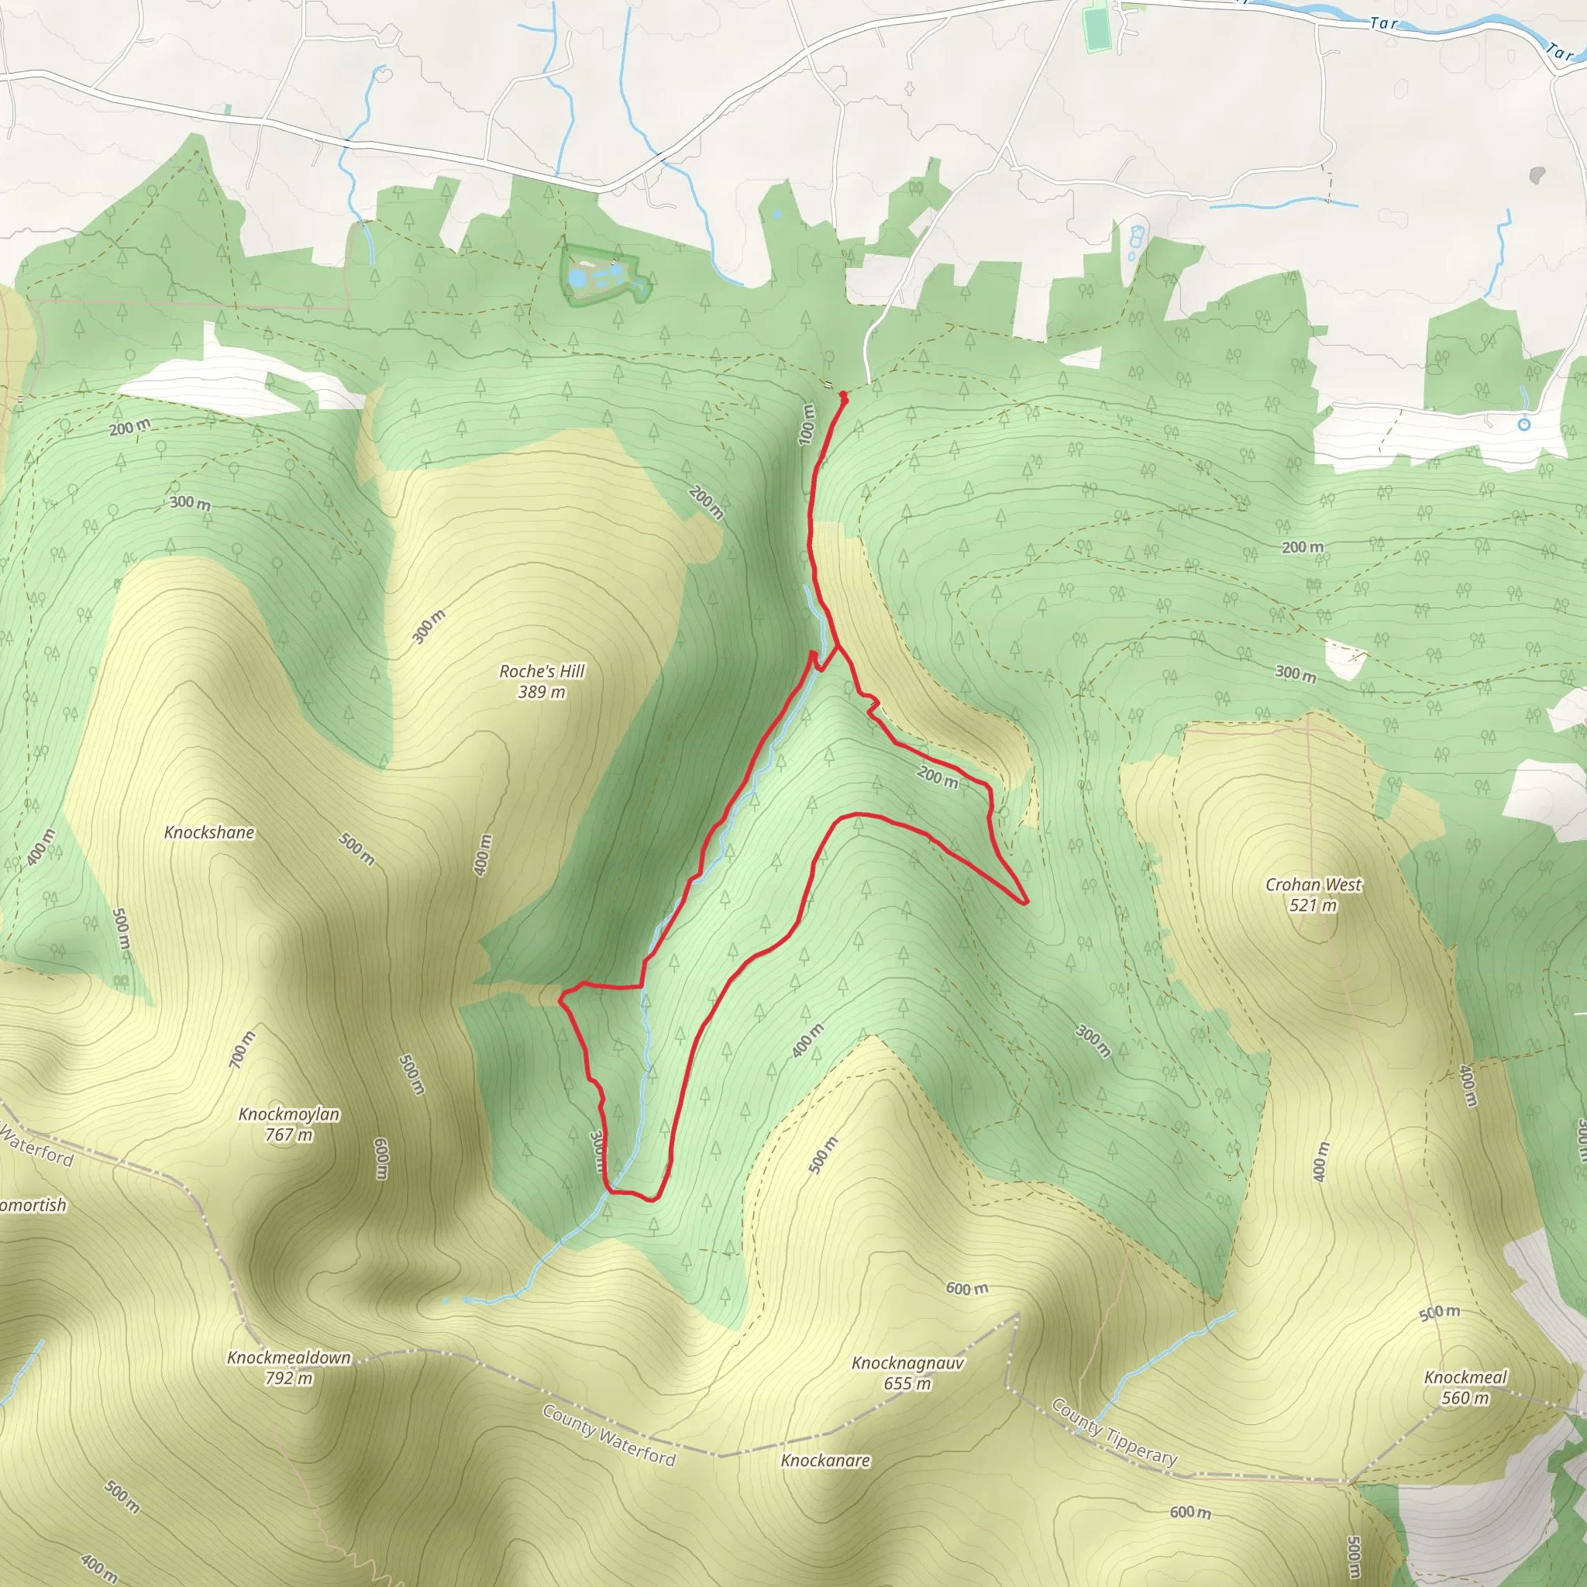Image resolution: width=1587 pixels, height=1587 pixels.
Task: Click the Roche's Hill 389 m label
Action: pos(542,681)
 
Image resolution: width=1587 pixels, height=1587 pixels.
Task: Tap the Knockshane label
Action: pos(208,832)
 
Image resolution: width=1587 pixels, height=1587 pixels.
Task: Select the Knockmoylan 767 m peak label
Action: pos(288,1124)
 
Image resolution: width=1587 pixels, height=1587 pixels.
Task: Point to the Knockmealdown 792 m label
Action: pos(288,1367)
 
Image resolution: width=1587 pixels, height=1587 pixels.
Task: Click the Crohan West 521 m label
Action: pos(1313,894)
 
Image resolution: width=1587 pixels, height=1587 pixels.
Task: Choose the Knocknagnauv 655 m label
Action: pos(907,1372)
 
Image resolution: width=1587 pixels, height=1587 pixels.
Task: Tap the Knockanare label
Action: pos(824,1460)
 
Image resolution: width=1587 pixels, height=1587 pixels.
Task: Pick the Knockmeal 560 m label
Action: pos(1465,1386)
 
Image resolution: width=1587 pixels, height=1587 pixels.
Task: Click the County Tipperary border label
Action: pos(1114,1432)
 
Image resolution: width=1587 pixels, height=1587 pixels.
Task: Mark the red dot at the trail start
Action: pos(843,396)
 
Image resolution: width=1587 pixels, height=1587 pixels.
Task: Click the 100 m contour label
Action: pos(807,424)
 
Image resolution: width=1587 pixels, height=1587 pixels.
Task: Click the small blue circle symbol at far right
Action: pos(1523,425)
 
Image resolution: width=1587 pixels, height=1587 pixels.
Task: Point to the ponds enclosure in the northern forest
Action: pos(604,274)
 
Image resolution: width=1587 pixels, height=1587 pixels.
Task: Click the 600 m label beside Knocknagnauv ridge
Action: pos(966,1288)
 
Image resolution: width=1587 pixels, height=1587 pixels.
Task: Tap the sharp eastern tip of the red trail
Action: pos(1027,902)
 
